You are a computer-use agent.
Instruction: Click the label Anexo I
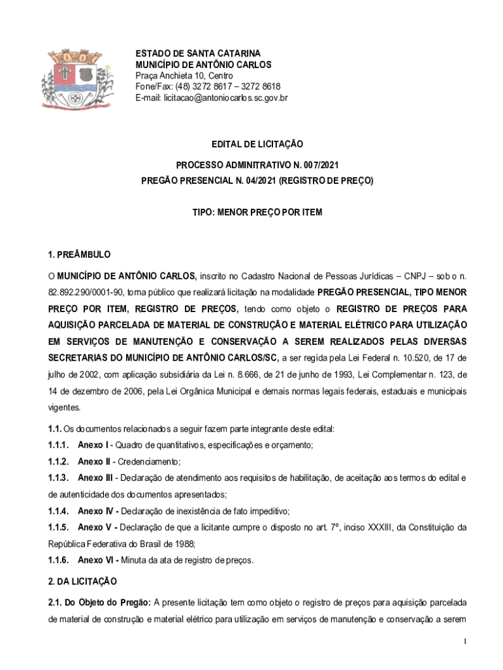pos(94,446)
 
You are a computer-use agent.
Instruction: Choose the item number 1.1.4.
pos(59,511)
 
